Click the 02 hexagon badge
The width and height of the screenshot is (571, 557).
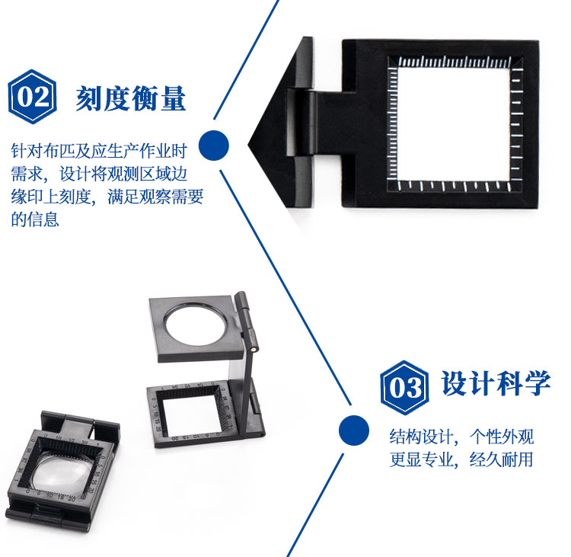pyautogui.click(x=33, y=97)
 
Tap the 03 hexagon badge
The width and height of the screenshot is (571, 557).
pyautogui.click(x=404, y=388)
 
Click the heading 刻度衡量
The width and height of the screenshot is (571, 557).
pyautogui.click(x=131, y=98)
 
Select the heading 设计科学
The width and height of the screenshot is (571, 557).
pyautogui.click(x=496, y=383)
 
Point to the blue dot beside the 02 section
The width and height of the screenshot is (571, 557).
pyautogui.click(x=214, y=145)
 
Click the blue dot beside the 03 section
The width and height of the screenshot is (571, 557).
pyautogui.click(x=353, y=431)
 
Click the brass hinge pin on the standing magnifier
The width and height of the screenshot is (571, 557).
pyautogui.click(x=254, y=349)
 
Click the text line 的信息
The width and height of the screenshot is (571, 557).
pyautogui.click(x=35, y=219)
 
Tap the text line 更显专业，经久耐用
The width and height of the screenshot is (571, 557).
pyautogui.click(x=461, y=459)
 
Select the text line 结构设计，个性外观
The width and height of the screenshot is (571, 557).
pyautogui.click(x=461, y=437)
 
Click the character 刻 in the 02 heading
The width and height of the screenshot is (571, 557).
pyautogui.click(x=89, y=98)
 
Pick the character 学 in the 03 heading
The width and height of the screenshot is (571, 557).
pyautogui.click(x=538, y=383)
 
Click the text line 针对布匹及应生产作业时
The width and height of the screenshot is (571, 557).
pyautogui.click(x=99, y=151)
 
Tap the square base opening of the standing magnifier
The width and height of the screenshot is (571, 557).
pyautogui.click(x=189, y=415)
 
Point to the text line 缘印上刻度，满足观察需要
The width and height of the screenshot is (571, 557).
pyautogui.click(x=107, y=197)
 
